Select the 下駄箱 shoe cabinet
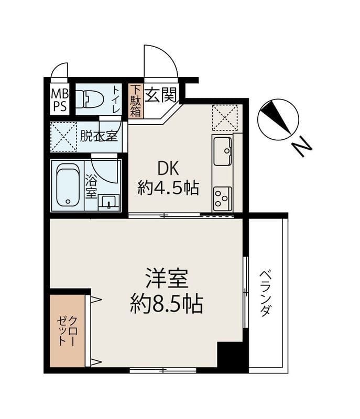[136, 101]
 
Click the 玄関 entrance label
[161, 95]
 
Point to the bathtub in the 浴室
[69, 185]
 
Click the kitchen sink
[222, 151]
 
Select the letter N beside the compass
[301, 147]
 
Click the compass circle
[278, 119]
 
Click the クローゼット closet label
[68, 331]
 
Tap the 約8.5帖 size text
[166, 304]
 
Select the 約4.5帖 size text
[168, 188]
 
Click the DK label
[168, 169]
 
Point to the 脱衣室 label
[99, 136]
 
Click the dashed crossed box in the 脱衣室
[63, 137]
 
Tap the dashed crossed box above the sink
[224, 117]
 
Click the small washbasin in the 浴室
[108, 202]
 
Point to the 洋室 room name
[166, 279]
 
